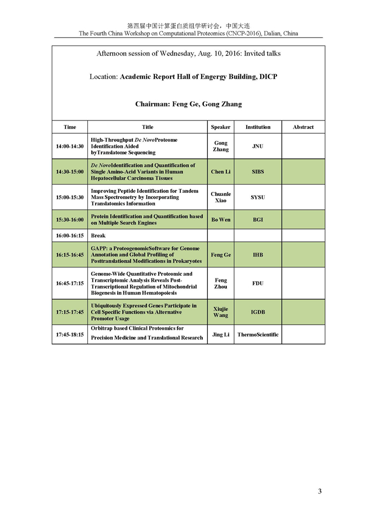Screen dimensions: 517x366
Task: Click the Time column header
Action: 70,127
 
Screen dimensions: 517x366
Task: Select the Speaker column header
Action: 221,127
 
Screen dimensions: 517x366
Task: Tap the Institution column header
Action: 258,127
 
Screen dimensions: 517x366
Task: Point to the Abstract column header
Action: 303,127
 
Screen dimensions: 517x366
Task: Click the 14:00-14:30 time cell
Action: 70,146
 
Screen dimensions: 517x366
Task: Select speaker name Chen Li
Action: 221,172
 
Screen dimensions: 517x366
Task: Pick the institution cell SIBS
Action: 258,172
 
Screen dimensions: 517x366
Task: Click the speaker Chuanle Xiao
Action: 221,197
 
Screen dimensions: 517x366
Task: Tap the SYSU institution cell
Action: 258,197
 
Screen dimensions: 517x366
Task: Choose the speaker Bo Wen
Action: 221,219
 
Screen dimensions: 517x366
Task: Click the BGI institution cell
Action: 258,219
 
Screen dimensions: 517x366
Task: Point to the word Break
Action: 99,236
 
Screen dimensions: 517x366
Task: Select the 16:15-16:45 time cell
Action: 70,255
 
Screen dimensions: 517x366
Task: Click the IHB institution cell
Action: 258,255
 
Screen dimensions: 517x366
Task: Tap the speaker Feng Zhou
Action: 221,284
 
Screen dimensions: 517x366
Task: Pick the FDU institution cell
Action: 258,284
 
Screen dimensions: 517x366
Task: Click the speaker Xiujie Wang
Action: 221,312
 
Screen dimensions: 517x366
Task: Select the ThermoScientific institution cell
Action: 258,335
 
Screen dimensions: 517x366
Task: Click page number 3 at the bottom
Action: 320,492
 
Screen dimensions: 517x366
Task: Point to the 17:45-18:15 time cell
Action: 70,335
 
